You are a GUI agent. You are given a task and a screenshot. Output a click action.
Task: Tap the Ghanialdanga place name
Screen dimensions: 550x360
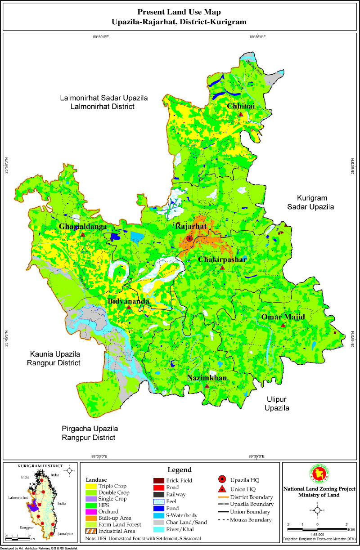tap(83, 227)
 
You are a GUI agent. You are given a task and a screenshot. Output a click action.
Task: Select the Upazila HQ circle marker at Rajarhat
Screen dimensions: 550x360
tap(189, 239)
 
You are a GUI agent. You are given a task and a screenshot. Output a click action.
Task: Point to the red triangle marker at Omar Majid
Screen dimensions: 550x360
tap(283, 325)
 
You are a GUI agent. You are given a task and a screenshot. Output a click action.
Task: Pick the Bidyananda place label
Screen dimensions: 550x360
tap(128, 300)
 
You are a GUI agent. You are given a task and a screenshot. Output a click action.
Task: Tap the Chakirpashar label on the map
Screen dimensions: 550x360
tap(221, 259)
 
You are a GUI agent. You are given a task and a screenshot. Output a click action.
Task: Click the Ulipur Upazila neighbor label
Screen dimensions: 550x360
tap(276, 404)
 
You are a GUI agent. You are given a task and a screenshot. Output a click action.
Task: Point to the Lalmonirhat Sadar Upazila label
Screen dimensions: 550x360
tap(104, 102)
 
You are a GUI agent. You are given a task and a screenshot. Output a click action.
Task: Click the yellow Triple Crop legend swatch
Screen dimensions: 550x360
tap(92, 486)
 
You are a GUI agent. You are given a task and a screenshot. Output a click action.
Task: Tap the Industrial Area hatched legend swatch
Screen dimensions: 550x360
tap(92, 530)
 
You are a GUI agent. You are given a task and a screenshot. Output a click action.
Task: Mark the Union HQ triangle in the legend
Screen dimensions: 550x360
tap(220, 489)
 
